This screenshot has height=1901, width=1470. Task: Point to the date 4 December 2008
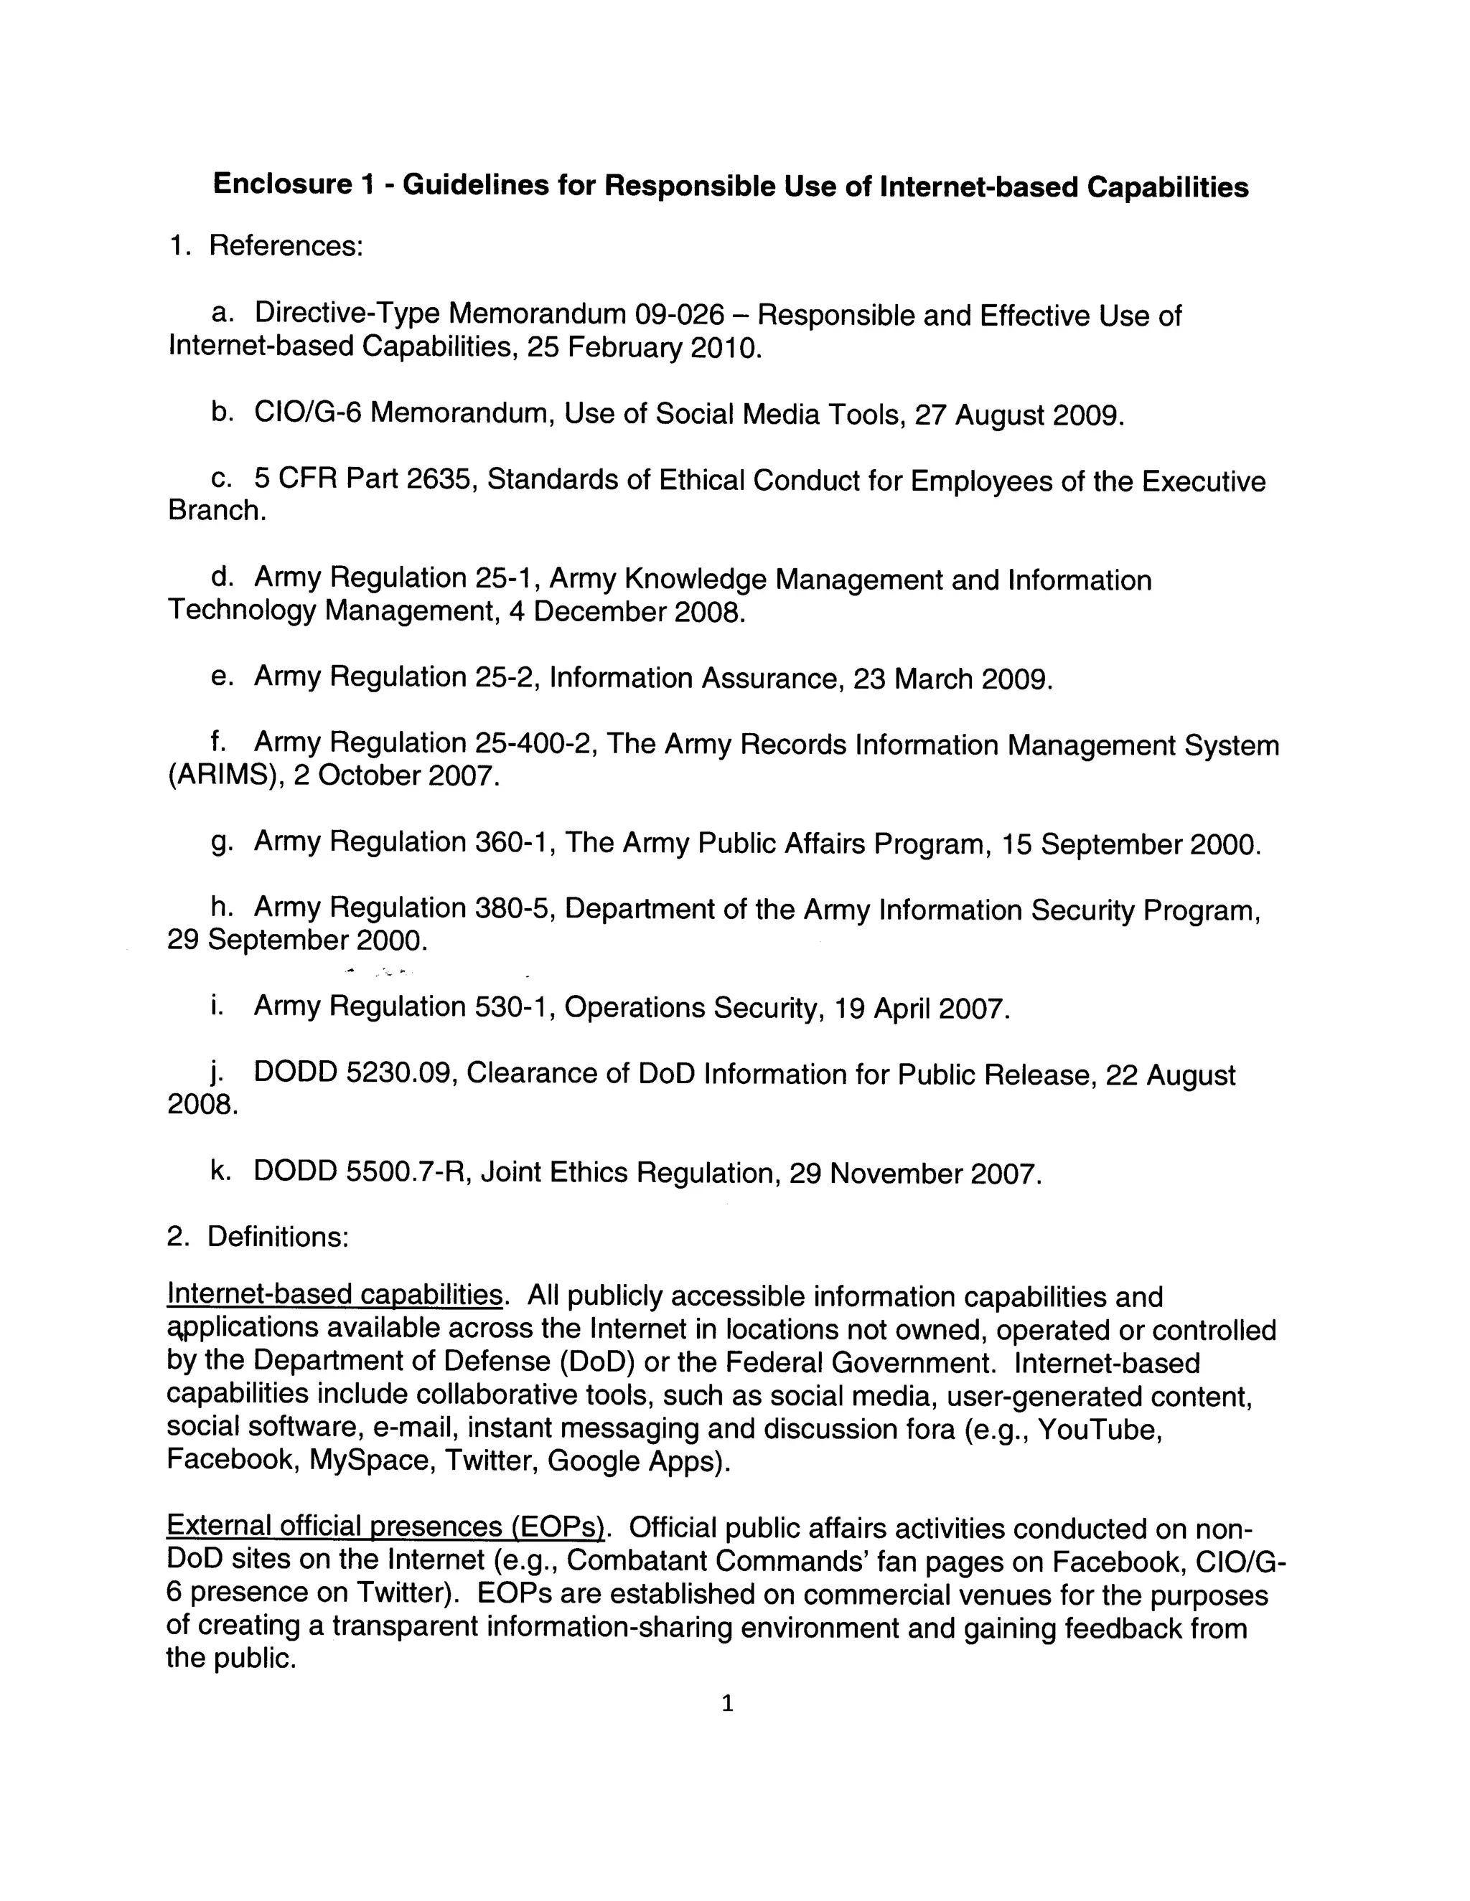(627, 612)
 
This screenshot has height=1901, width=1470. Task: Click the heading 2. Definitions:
(258, 1237)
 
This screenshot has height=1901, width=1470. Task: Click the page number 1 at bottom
(728, 1704)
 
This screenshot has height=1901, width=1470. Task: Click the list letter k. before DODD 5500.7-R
(220, 1171)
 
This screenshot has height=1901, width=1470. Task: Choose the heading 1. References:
(266, 246)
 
